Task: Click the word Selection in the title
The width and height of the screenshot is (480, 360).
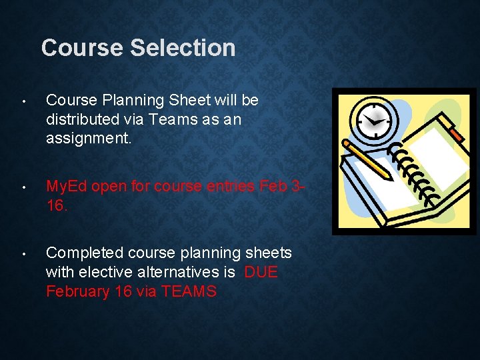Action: pos(183,48)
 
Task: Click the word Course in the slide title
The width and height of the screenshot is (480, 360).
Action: pos(82,48)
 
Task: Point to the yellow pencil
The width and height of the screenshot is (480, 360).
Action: pos(368,160)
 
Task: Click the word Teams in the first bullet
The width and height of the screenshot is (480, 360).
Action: pos(196,120)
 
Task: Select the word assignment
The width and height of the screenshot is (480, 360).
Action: pos(85,139)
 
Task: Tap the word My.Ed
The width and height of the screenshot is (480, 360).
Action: pos(66,187)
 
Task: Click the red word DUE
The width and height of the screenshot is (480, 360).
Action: pos(261,272)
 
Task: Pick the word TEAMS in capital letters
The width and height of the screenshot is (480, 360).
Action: pos(188,291)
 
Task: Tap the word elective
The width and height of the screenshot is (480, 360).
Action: pos(105,272)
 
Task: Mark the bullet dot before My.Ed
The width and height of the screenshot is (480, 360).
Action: pos(23,188)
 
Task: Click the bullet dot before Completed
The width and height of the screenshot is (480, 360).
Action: pos(23,254)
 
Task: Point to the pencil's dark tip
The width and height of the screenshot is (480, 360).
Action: pos(391,177)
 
